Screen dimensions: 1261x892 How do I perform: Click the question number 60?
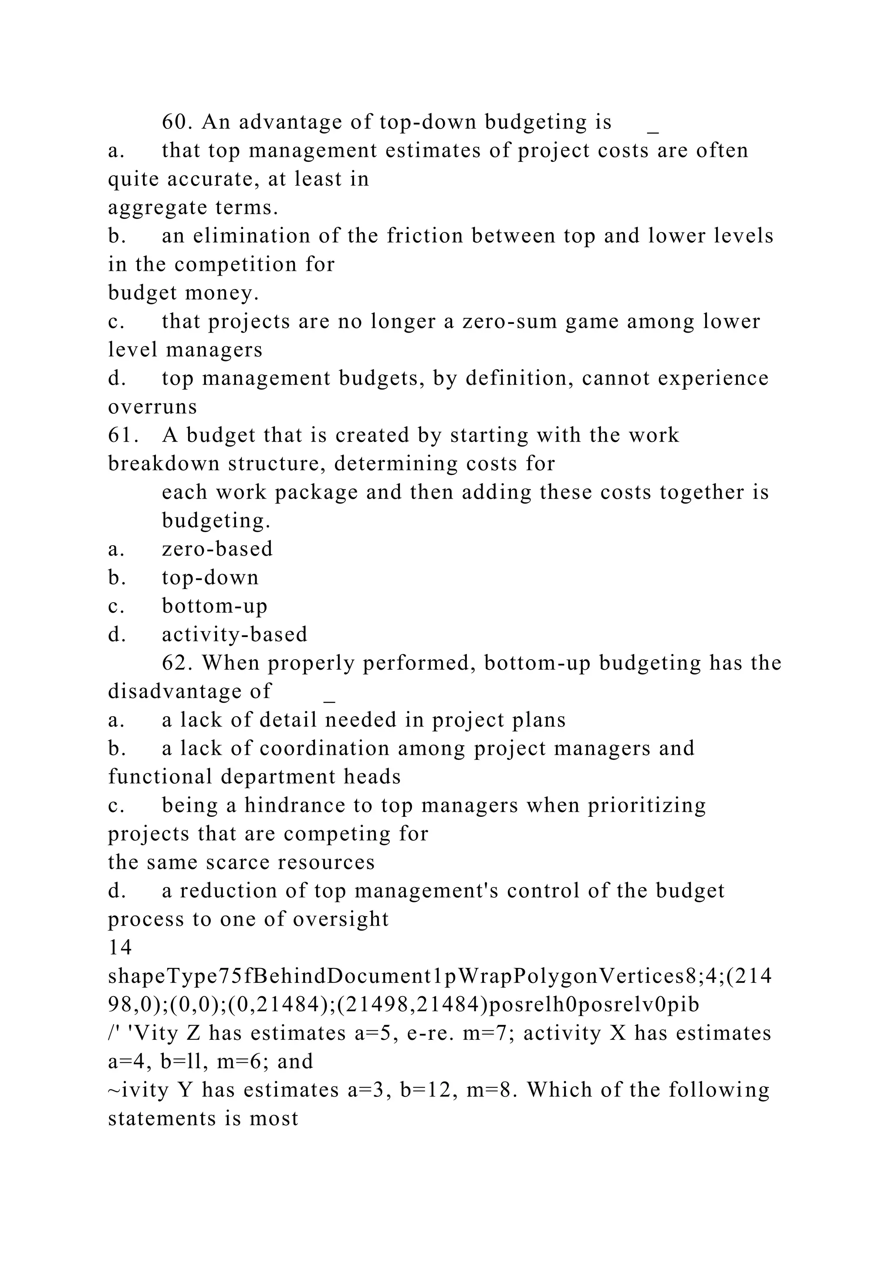click(x=176, y=122)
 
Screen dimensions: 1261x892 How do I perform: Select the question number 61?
click(x=122, y=435)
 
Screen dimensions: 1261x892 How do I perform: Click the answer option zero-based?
click(x=217, y=549)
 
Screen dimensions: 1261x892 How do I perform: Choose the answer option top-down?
click(x=210, y=578)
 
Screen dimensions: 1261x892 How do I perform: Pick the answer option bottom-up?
click(x=214, y=606)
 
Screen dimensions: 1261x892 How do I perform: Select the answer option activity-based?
click(x=234, y=635)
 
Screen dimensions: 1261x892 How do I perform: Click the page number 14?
click(x=120, y=947)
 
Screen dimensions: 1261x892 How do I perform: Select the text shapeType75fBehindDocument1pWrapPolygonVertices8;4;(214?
click(x=439, y=976)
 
